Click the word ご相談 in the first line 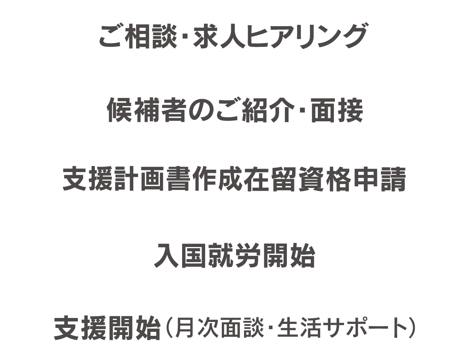[138, 36]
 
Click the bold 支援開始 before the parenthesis [107, 328]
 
